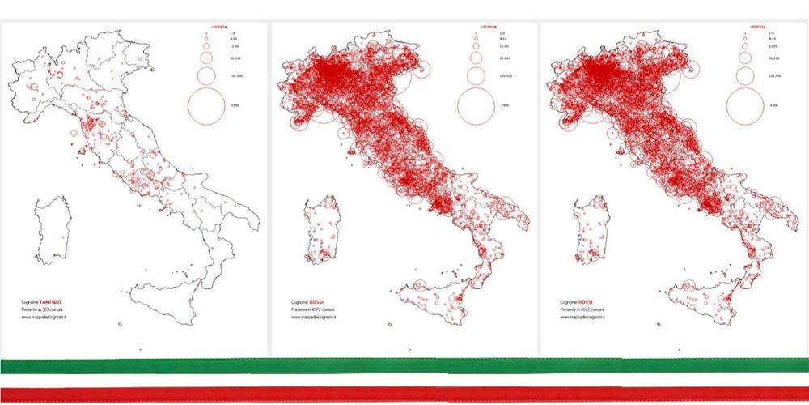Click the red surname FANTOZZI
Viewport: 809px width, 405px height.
click(49, 301)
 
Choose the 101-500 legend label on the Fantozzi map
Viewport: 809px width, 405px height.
click(235, 75)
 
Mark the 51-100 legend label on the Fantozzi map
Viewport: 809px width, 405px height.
click(235, 58)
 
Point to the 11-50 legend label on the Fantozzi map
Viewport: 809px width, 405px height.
click(235, 47)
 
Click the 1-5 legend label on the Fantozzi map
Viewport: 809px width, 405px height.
click(233, 33)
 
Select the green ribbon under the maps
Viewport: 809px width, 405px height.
click(404, 364)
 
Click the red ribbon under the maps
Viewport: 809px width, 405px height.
click(404, 394)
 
